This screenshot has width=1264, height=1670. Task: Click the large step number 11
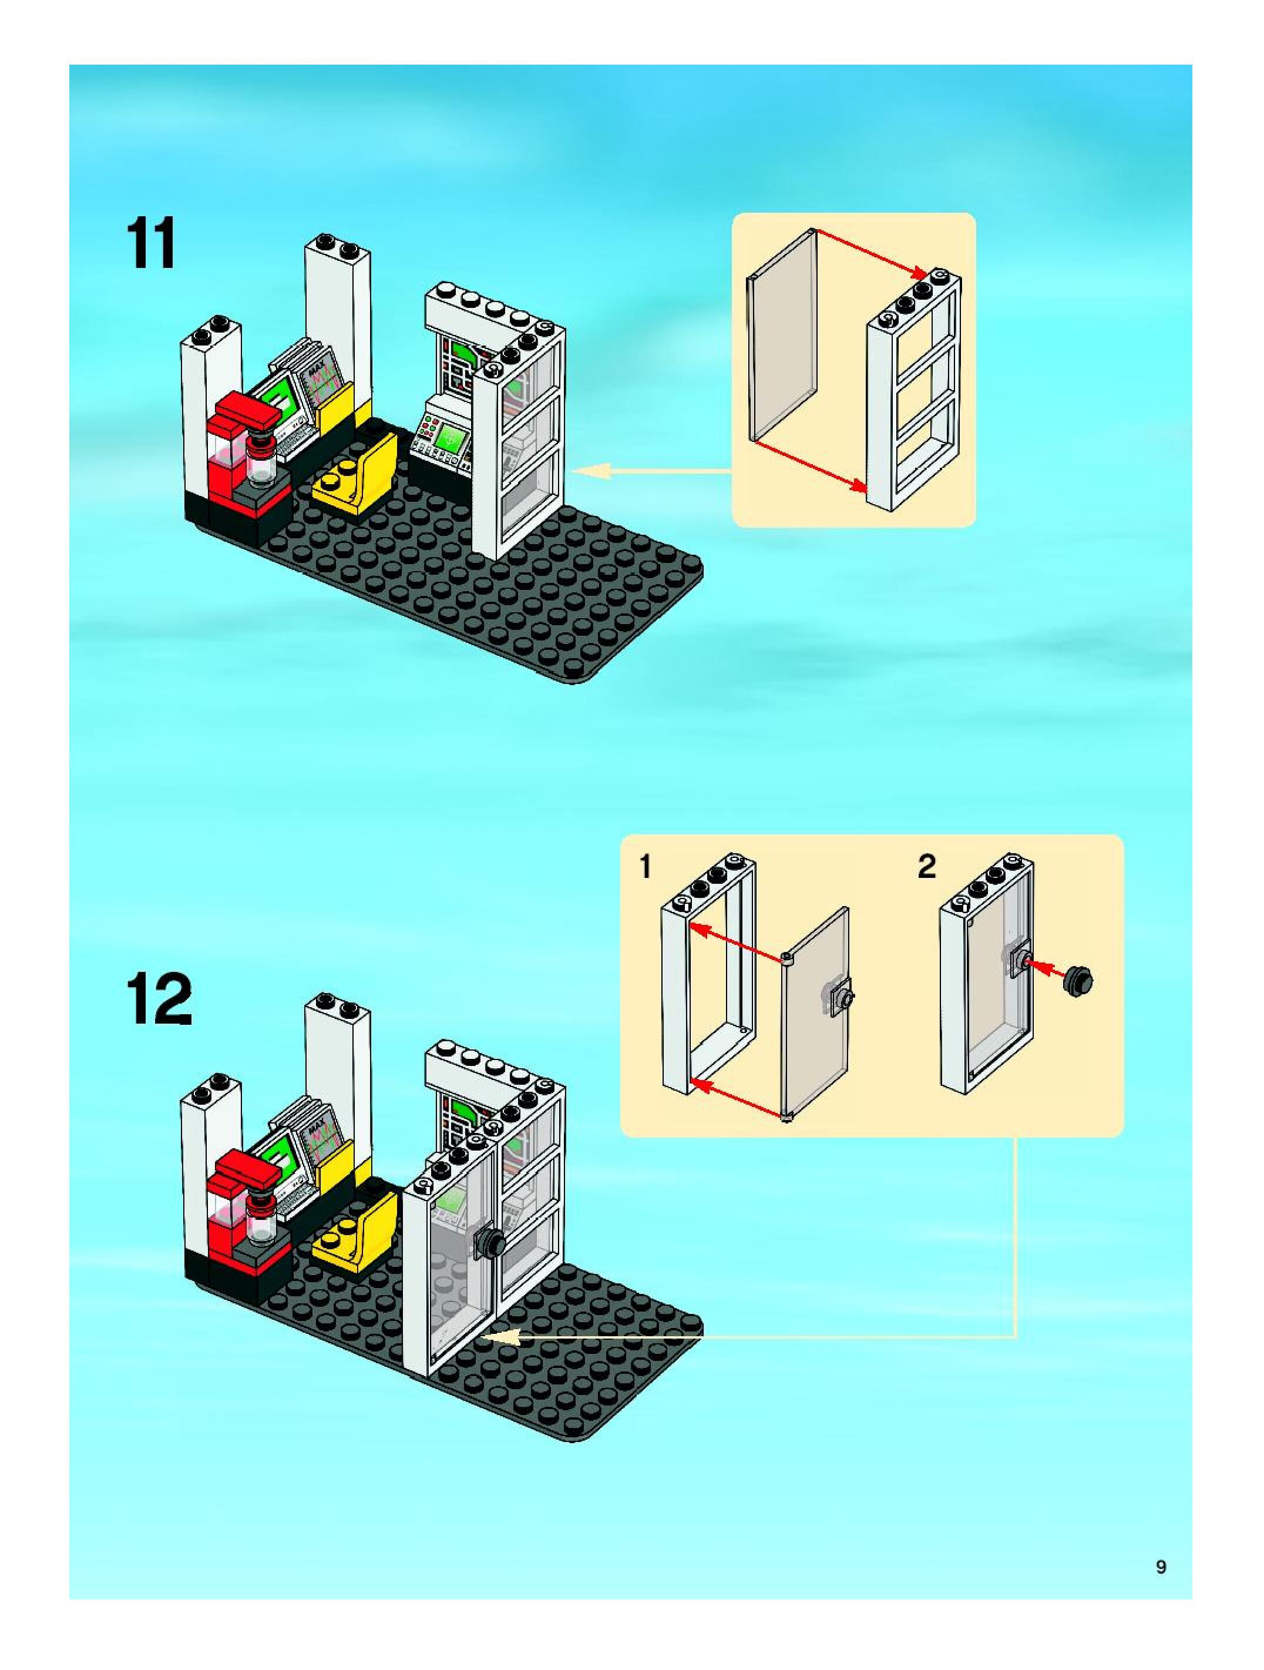pyautogui.click(x=153, y=243)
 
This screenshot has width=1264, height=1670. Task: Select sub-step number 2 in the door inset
pyautogui.click(x=927, y=867)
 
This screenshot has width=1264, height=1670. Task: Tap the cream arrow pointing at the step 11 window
pyautogui.click(x=649, y=471)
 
